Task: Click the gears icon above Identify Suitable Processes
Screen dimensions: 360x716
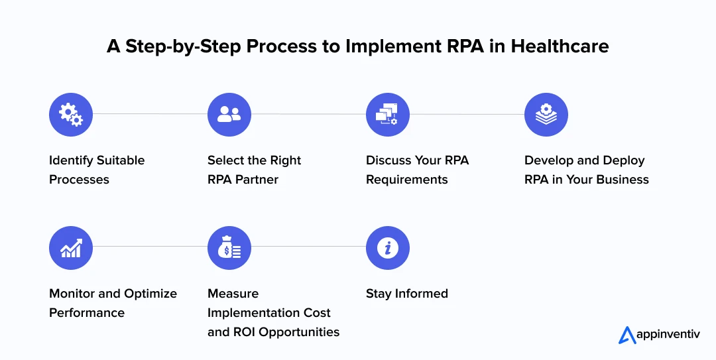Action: coord(71,115)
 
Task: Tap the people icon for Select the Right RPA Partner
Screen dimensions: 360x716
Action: coord(229,115)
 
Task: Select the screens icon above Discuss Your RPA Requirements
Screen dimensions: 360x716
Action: coord(387,115)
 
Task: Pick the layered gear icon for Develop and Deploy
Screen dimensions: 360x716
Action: coord(546,115)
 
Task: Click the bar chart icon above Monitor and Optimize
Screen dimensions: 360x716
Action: coord(71,248)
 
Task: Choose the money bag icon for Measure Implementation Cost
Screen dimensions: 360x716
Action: coord(229,248)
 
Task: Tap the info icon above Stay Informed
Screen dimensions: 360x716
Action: coord(387,248)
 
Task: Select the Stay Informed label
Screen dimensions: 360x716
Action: coord(406,293)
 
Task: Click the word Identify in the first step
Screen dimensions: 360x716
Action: coord(71,160)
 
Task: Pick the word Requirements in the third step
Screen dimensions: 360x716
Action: coord(406,180)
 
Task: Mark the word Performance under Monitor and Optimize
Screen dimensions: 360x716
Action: coord(86,312)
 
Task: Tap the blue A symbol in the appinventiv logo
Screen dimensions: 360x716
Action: coord(627,335)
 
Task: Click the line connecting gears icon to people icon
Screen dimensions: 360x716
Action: coord(150,115)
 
